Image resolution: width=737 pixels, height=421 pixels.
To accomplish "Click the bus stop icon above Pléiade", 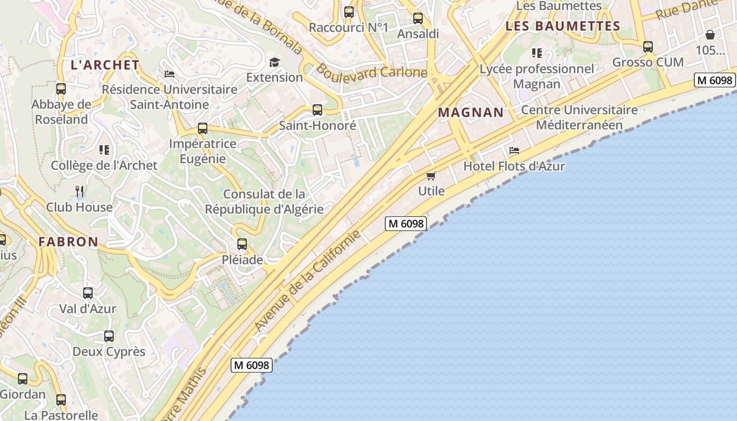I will click(x=242, y=244).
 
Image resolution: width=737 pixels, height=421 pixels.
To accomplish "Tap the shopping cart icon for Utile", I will click(x=431, y=176).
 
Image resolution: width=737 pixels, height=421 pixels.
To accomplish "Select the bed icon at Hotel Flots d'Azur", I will click(x=514, y=151).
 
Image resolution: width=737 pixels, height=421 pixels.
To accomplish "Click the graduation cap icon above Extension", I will click(x=274, y=63).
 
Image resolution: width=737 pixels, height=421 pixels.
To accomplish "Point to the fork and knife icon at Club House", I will click(x=79, y=191).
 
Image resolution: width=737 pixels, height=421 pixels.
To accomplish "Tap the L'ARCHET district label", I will click(x=105, y=65).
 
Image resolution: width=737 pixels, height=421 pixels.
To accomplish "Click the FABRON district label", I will click(x=68, y=242).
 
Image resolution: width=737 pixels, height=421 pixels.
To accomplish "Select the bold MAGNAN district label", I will click(x=471, y=112).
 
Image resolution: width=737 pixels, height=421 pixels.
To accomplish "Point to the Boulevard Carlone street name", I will click(x=371, y=72).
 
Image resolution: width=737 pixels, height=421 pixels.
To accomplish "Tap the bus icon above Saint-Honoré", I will click(x=317, y=110).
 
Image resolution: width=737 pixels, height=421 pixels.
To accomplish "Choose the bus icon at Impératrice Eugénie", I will click(x=203, y=128).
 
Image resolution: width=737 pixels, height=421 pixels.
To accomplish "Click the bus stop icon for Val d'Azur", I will click(x=88, y=293).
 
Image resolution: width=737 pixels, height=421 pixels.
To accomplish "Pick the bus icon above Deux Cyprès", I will click(x=109, y=336).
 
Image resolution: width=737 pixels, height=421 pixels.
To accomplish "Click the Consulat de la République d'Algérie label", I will click(x=264, y=202).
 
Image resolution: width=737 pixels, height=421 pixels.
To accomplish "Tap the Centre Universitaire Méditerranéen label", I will click(x=579, y=117).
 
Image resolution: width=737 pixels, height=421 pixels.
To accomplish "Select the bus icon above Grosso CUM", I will click(x=648, y=47).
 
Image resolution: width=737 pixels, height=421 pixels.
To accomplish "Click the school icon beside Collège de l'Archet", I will click(x=104, y=151).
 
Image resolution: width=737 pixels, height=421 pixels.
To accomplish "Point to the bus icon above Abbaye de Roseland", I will click(x=61, y=89).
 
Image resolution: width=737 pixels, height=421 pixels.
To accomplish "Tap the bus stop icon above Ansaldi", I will click(x=418, y=18).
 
